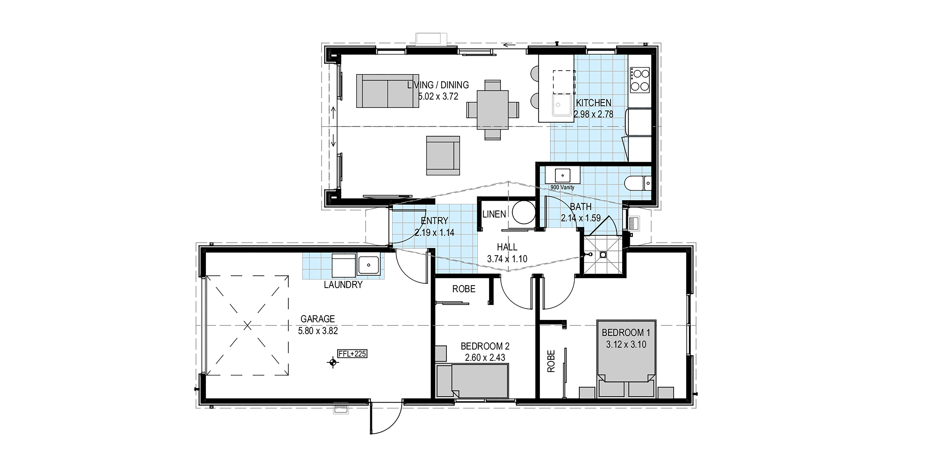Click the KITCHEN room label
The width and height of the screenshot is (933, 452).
(x=594, y=103)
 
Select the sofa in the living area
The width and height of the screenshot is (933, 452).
(x=388, y=91)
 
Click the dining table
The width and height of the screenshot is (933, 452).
(x=492, y=110)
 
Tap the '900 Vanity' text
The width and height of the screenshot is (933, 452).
(x=562, y=187)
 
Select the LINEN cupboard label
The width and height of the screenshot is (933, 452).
(x=494, y=214)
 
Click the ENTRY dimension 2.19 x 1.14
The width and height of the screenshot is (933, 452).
(x=434, y=232)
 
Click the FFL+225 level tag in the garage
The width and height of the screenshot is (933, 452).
(x=352, y=354)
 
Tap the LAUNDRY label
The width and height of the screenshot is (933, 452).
(x=343, y=285)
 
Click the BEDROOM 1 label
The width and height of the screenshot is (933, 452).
(x=626, y=333)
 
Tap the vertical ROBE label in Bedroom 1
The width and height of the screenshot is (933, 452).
(x=551, y=361)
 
